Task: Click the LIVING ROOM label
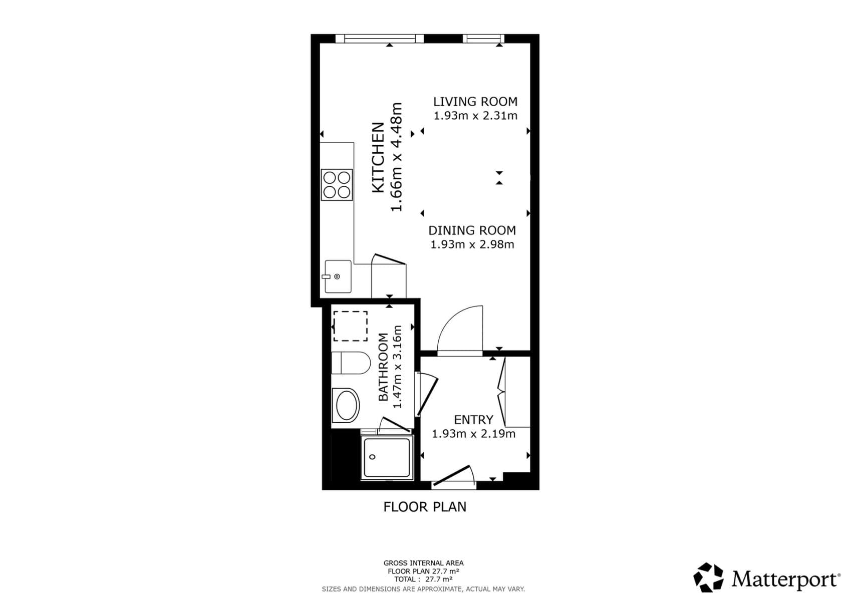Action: coord(475,102)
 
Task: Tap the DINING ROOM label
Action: coord(472,230)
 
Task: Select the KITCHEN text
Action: coord(378,157)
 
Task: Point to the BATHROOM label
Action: coord(383,367)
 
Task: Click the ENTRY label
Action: coord(473,420)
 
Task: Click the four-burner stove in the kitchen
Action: coord(337,185)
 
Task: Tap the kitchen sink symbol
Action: coord(338,276)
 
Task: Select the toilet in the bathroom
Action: coord(350,363)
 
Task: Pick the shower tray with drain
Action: coord(387,458)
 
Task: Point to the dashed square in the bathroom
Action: coord(350,326)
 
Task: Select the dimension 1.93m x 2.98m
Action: coord(472,245)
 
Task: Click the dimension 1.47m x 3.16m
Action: coord(398,367)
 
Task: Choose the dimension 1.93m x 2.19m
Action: coord(473,434)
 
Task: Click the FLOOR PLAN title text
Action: coord(425,507)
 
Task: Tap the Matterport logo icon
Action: coord(708,577)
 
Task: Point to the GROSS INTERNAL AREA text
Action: coord(423,563)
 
